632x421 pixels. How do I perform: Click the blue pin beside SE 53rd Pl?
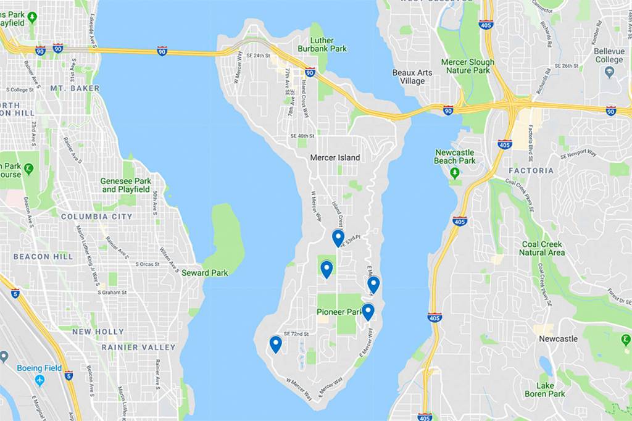click(x=338, y=237)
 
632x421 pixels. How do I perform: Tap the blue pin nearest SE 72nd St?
click(x=275, y=343)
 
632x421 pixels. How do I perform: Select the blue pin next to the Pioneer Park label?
click(x=368, y=311)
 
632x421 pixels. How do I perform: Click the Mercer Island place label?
click(x=335, y=157)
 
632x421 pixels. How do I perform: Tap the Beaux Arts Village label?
click(x=412, y=77)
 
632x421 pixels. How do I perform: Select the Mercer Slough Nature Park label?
click(x=467, y=66)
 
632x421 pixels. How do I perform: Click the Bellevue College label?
click(x=609, y=56)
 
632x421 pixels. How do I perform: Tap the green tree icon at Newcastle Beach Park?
click(x=455, y=173)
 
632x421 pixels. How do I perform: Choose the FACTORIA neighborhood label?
click(x=531, y=170)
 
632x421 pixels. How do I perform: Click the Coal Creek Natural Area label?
click(x=541, y=248)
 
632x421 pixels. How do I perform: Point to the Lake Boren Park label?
click(x=544, y=390)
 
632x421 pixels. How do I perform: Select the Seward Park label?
click(x=204, y=273)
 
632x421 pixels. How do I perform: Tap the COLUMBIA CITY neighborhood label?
click(x=96, y=217)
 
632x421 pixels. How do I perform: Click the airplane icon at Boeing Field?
click(x=40, y=380)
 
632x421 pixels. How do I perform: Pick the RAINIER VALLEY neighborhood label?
click(x=138, y=348)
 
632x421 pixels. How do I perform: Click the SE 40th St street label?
click(x=302, y=136)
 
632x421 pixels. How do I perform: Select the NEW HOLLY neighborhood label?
click(x=98, y=331)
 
